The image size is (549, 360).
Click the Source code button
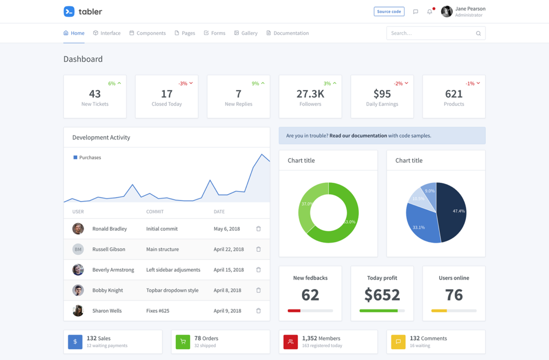389,11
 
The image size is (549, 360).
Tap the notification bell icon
429,11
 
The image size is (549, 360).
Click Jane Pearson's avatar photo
447,11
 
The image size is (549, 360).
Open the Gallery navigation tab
246,33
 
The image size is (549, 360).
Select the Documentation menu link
287,33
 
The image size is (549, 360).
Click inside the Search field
432,33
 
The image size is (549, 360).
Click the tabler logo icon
69,11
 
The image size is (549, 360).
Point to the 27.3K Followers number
310,94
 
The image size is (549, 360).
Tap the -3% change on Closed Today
183,84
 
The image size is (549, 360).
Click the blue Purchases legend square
75,158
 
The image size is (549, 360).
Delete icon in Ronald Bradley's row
258,229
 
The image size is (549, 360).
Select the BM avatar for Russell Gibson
78,249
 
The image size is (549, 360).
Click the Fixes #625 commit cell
158,311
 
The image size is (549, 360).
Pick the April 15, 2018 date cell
228,270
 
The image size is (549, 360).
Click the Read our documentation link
358,136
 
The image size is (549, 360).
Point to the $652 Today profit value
382,295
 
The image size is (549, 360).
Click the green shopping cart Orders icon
183,342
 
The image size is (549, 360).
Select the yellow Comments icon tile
398,342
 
